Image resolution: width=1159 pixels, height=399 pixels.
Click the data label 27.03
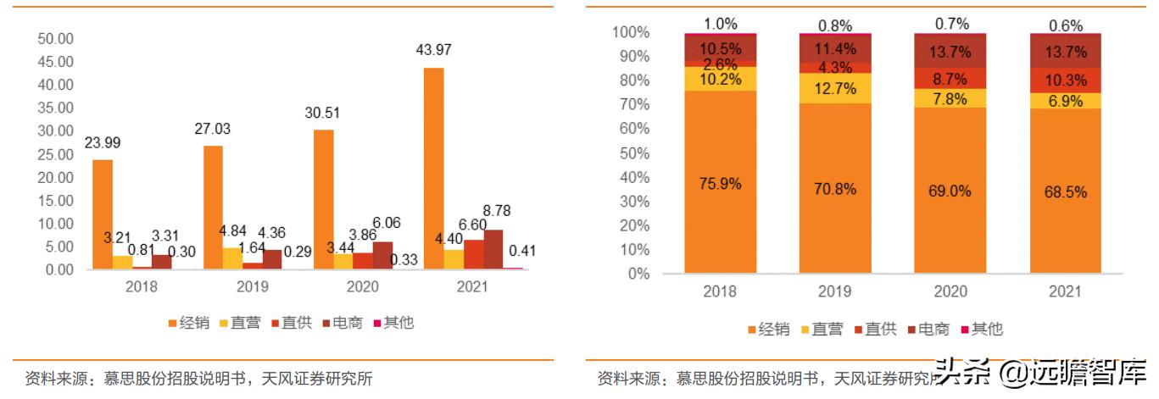(x=213, y=129)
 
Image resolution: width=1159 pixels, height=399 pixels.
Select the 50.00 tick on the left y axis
(x=57, y=39)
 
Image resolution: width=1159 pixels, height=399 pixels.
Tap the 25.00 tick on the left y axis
(x=57, y=154)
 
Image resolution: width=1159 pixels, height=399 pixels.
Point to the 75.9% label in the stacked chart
(x=720, y=185)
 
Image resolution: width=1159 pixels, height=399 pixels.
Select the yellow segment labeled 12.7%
(x=835, y=88)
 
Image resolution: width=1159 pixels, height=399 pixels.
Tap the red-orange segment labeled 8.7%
(x=950, y=78)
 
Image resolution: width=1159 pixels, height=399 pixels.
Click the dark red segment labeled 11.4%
(x=835, y=48)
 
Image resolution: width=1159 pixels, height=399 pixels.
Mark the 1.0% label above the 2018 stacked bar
(x=720, y=25)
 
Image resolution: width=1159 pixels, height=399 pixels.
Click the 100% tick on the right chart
(x=630, y=32)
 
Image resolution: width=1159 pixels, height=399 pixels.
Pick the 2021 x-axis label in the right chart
(x=1065, y=291)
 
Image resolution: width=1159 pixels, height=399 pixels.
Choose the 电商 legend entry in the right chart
(x=926, y=330)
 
